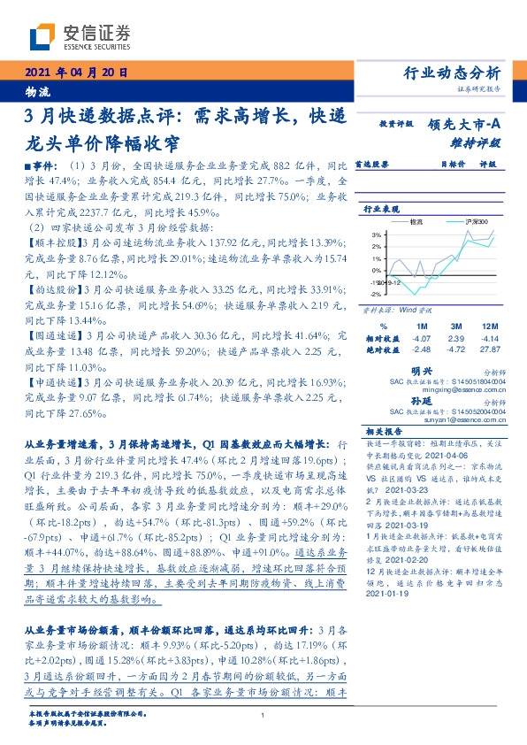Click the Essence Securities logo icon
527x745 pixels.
[x=42, y=36]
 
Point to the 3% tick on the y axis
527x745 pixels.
[x=376, y=234]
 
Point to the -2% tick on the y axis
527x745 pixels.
[x=375, y=294]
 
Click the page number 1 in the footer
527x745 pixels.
[x=263, y=717]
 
